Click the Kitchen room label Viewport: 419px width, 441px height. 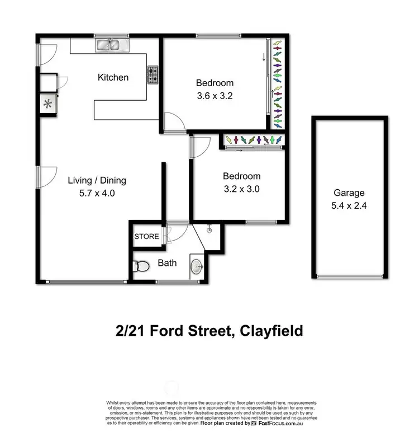pos(113,77)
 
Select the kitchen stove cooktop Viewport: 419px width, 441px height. pos(153,75)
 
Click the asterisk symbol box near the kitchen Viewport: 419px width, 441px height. pos(47,104)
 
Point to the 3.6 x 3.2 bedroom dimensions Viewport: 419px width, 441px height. pos(215,96)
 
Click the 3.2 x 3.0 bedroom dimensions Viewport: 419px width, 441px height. pos(241,189)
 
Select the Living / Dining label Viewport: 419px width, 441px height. pos(97,180)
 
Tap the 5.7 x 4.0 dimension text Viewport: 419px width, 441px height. pos(97,194)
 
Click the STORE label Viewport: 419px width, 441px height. pos(146,237)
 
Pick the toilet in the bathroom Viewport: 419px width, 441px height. pos(141,268)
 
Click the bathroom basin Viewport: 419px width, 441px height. pos(197,267)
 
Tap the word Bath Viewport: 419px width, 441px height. pos(167,262)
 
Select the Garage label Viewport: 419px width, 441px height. pos(349,193)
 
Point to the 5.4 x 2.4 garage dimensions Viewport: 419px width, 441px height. pos(349,205)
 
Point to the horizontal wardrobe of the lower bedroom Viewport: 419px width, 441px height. pos(254,139)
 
